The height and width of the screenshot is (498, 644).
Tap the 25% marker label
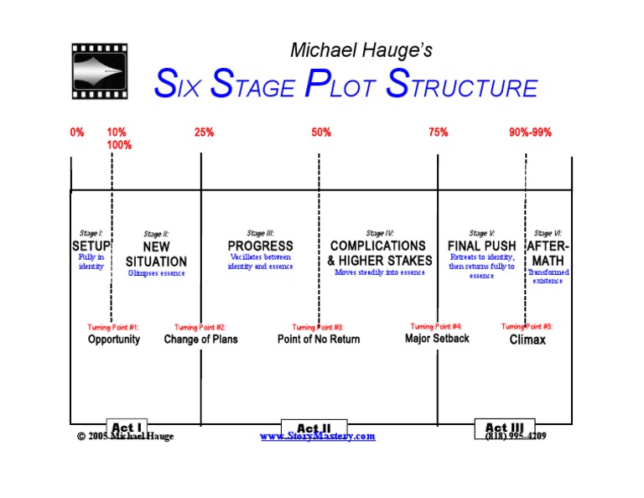204,132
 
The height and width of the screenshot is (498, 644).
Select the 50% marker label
321,132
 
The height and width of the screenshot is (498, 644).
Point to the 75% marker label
439,132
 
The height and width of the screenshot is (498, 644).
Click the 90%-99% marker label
530,132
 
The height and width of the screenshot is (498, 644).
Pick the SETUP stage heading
91,246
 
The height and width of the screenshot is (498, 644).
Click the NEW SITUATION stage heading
156,254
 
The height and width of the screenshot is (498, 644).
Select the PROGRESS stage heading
261,246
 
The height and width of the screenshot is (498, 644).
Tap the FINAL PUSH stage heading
482,246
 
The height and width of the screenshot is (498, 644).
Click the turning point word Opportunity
114,340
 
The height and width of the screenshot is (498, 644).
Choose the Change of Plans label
200,340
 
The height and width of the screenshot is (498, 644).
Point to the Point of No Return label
319,340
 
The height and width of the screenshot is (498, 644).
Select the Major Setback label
437,339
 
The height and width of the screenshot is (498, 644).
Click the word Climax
527,340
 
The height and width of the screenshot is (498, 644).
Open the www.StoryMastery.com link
318,437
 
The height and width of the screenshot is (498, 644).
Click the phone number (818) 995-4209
516,437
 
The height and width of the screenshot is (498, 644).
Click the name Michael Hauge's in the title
361,50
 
